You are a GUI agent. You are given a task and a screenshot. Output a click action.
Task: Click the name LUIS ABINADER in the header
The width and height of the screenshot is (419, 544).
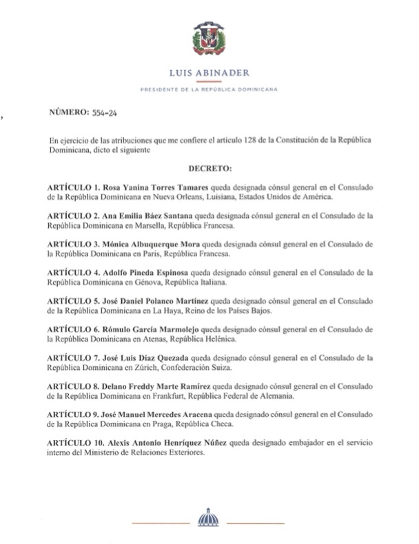[209, 71]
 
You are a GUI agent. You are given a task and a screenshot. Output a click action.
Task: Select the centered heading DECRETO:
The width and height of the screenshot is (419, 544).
[210, 167]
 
